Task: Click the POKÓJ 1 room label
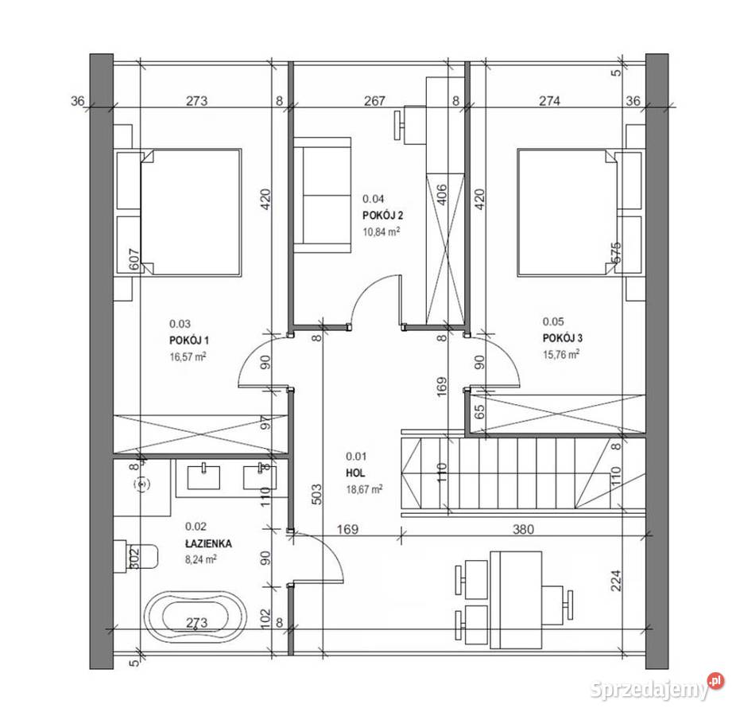coord(188,340)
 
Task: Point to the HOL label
coord(355,473)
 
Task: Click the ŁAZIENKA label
coord(208,543)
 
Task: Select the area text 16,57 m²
coord(188,357)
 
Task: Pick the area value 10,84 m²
coord(381,232)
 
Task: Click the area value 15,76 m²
coord(560,355)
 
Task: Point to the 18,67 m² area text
coord(365,489)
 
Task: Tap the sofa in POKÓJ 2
coord(321,195)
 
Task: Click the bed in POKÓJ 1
coord(191,212)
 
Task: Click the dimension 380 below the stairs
coord(521,528)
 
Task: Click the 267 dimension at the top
coord(374,101)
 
